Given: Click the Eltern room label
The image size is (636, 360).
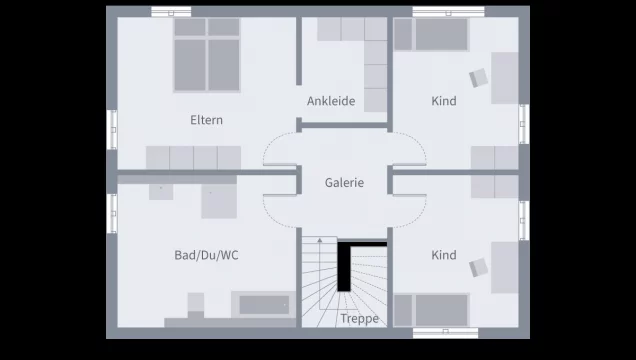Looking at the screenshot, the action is (x=207, y=120).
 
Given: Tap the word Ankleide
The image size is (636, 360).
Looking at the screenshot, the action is (x=331, y=101).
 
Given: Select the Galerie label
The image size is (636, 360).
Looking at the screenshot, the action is (x=344, y=183).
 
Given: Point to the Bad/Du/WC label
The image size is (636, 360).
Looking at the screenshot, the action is (x=207, y=255).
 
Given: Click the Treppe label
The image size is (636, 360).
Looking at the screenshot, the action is (x=359, y=318).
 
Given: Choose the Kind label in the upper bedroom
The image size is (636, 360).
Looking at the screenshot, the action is (x=444, y=101).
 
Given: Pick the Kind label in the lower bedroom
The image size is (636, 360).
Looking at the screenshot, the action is (x=444, y=255).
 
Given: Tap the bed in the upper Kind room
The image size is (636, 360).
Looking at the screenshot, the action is (x=432, y=35).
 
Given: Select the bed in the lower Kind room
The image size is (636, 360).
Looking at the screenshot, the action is (x=432, y=309).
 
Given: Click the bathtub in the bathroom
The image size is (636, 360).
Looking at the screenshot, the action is (x=263, y=304).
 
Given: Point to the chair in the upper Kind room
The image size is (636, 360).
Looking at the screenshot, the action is (x=477, y=78).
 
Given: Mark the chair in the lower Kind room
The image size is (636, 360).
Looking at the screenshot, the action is (x=477, y=266).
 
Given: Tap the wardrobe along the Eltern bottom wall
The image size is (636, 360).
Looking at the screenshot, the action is (x=193, y=157).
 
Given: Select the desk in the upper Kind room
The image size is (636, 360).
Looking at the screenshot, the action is (x=504, y=78).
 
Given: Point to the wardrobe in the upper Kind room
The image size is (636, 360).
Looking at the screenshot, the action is (x=494, y=157).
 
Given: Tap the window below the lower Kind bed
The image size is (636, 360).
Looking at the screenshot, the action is (x=441, y=331).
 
